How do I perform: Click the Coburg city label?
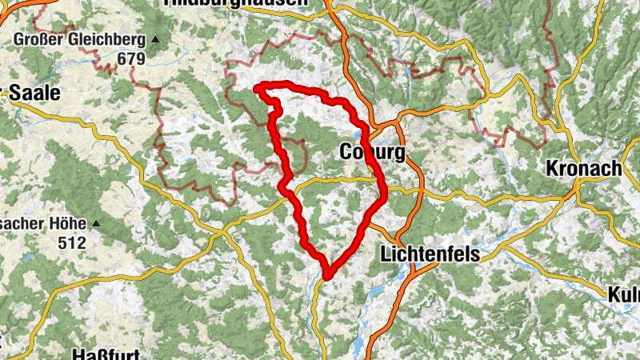[x=372, y=151]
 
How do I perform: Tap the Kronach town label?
[x=584, y=169]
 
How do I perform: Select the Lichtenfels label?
[x=430, y=254]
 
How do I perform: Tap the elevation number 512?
[x=71, y=242]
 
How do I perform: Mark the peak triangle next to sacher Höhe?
[x=96, y=223]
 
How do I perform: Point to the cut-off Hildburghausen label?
[x=234, y=3]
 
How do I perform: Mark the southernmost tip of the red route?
[x=326, y=277]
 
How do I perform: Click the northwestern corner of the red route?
[x=258, y=87]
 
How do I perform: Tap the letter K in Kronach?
[x=553, y=169]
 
